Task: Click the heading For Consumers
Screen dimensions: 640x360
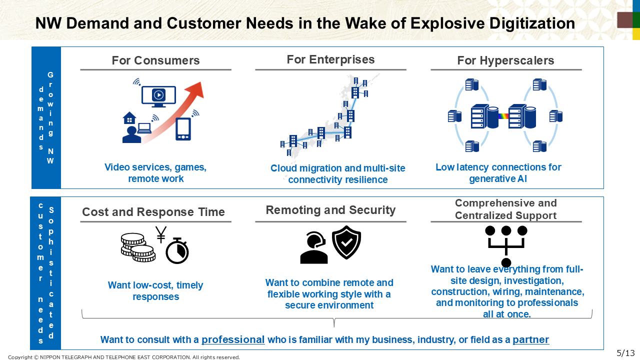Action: click(155, 60)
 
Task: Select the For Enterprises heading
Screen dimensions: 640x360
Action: click(330, 59)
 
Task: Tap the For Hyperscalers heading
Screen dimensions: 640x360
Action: click(505, 60)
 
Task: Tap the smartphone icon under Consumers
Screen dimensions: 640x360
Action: click(183, 129)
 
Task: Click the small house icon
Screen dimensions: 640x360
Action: click(129, 117)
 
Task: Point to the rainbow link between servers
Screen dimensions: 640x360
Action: click(503, 116)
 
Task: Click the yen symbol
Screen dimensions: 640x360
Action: click(161, 234)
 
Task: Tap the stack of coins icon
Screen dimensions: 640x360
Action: click(138, 247)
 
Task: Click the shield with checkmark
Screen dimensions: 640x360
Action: click(346, 242)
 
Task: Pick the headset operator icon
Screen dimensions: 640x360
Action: click(313, 247)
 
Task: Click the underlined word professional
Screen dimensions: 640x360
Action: click(233, 339)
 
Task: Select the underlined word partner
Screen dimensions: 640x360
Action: click(531, 339)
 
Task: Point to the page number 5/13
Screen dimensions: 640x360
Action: click(625, 353)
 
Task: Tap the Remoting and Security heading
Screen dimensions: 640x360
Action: click(330, 210)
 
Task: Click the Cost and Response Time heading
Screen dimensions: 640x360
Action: click(153, 212)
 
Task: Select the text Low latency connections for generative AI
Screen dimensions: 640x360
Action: click(498, 173)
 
